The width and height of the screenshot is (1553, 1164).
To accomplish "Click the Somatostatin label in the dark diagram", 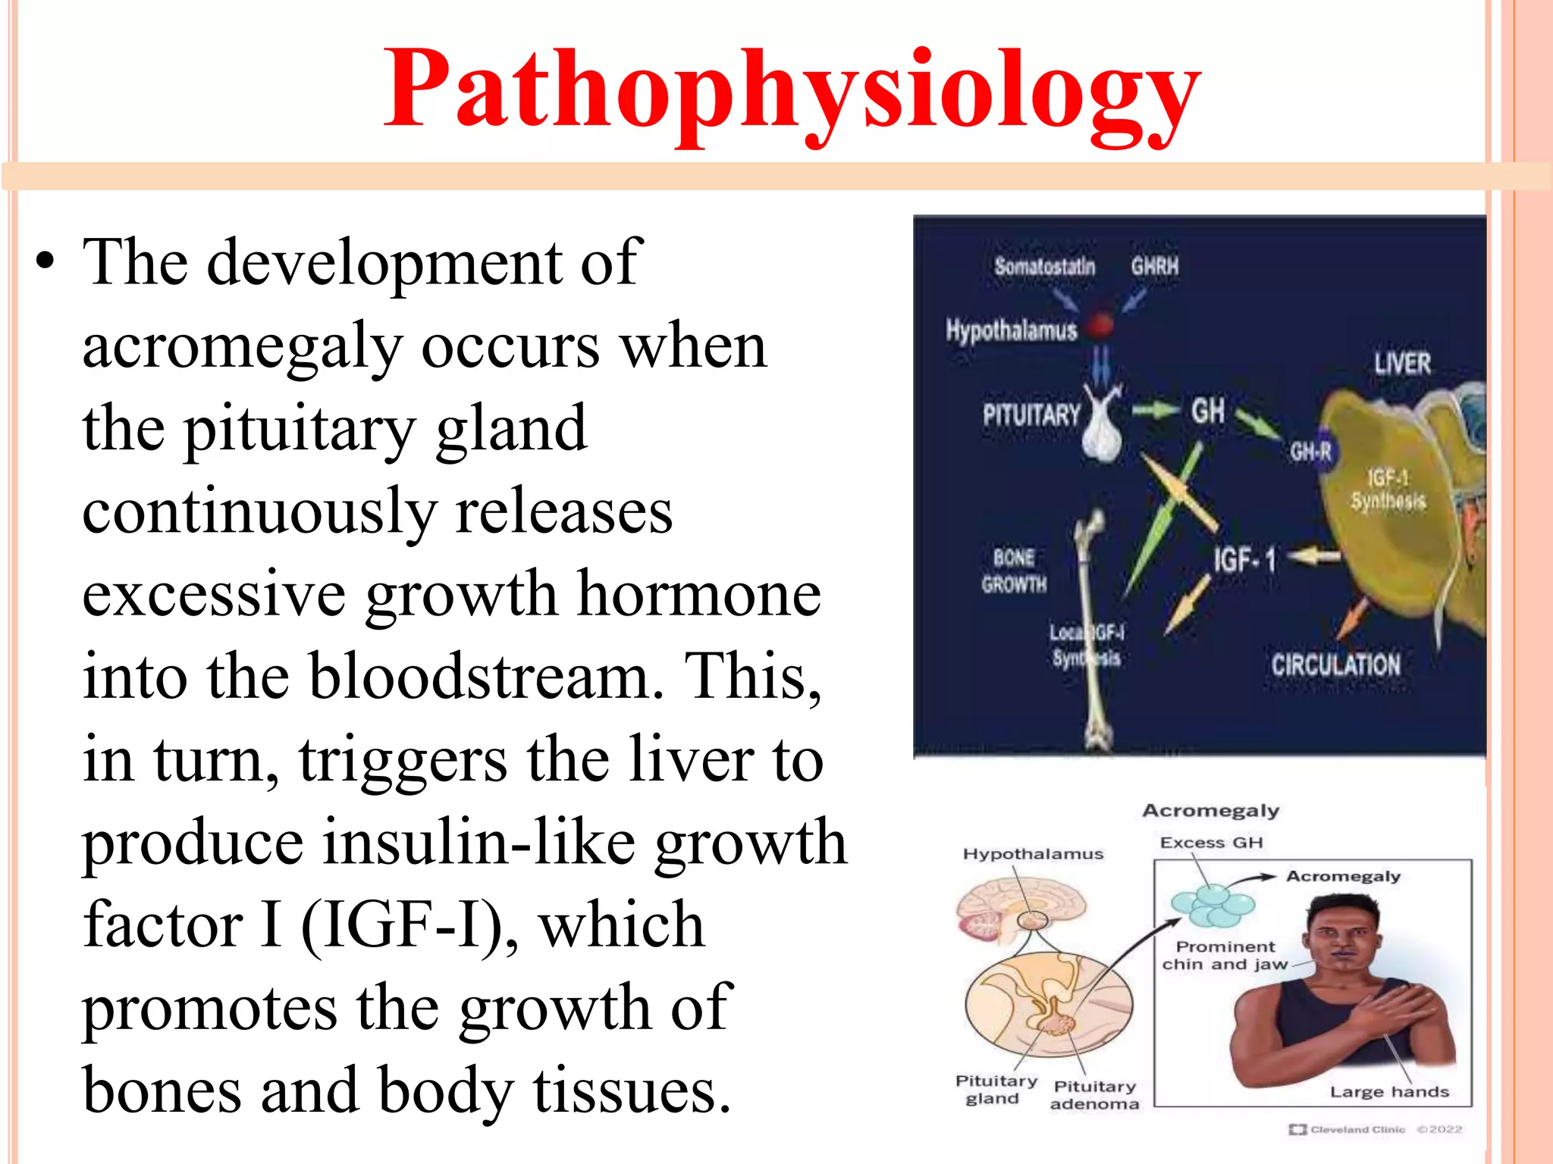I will (x=1044, y=267).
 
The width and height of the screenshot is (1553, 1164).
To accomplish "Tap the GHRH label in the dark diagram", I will (x=1154, y=267).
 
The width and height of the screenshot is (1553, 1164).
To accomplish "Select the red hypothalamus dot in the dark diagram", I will (x=1101, y=324).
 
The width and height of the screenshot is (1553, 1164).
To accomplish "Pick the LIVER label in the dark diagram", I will (x=1402, y=364).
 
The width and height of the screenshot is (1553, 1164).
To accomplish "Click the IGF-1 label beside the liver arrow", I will (x=1244, y=560).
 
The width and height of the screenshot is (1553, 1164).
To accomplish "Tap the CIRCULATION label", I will (x=1335, y=665).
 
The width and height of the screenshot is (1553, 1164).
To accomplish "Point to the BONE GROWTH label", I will (x=1014, y=571).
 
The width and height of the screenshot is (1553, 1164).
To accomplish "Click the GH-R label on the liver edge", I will (x=1310, y=452).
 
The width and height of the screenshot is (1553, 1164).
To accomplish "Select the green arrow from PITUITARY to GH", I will (x=1153, y=411).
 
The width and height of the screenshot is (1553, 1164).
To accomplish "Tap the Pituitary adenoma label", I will (x=1094, y=1096).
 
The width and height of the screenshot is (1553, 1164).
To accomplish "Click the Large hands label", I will (x=1389, y=1092).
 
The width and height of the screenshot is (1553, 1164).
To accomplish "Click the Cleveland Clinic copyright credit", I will (x=1375, y=1129).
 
